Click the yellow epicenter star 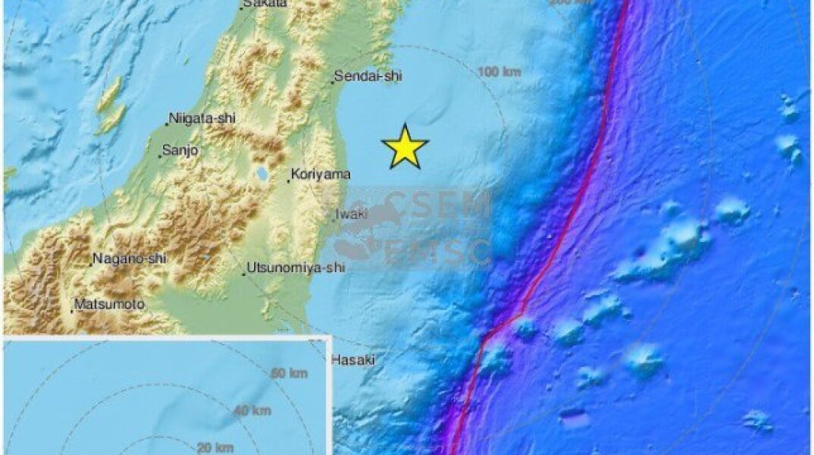tap(405, 147)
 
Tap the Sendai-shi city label tap(369, 76)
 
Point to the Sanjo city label tap(181, 151)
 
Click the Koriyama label tap(321, 174)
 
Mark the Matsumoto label tap(109, 305)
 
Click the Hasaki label tap(353, 360)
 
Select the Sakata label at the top tap(265, 4)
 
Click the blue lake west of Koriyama tap(262, 174)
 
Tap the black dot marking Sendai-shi tap(332, 81)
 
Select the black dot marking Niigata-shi tap(167, 124)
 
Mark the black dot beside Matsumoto tap(73, 310)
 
